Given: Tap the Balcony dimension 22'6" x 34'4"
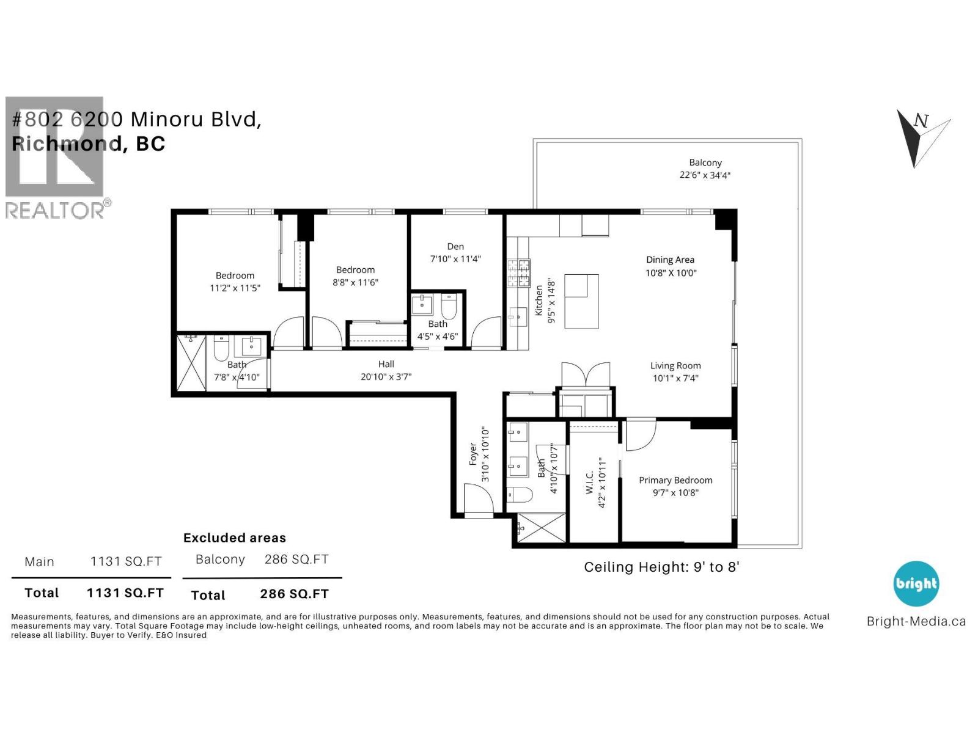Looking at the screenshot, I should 705,175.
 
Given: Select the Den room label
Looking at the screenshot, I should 455,246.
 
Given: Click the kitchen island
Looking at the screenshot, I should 581,301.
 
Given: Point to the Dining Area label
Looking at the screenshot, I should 670,260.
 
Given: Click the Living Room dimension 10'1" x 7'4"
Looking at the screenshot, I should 675,378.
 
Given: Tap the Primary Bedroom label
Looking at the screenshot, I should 675,480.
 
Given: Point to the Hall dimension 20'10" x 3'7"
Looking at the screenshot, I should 386,377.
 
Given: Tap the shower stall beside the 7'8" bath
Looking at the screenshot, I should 191,363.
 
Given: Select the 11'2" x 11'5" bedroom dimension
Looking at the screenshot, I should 235,288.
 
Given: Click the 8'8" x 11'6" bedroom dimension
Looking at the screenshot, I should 355,282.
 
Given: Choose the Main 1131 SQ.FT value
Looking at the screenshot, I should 126,561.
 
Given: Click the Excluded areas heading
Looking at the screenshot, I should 235,538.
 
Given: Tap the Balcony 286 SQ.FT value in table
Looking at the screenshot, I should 296,560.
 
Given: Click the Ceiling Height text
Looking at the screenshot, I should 661,567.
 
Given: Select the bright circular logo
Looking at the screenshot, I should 916,584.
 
